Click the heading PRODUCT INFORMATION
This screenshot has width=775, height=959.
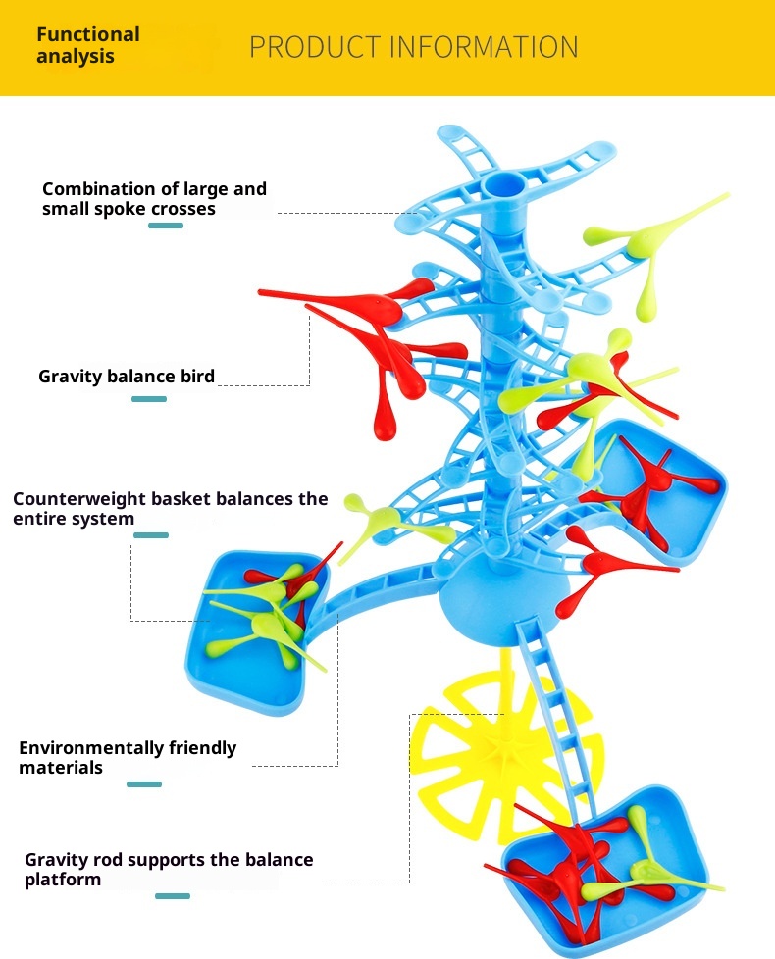click(413, 47)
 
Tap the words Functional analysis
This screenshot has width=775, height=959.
click(88, 45)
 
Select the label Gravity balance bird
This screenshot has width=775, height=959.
click(127, 376)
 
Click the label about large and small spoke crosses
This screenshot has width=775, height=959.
click(154, 198)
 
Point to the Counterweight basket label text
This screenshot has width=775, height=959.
click(170, 508)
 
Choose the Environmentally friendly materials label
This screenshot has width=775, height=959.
click(128, 757)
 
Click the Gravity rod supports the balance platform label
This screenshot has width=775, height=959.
click(169, 869)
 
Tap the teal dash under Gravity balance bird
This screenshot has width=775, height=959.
click(149, 399)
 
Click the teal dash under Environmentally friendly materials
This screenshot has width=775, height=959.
click(144, 784)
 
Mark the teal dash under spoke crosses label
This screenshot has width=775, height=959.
click(166, 226)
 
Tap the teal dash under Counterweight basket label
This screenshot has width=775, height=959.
click(151, 535)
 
